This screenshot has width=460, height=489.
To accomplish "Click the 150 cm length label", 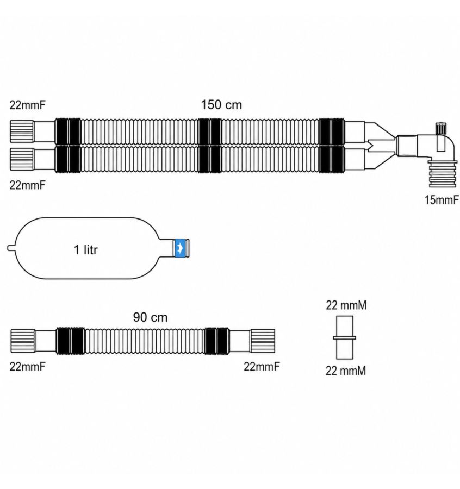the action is pyautogui.click(x=221, y=105).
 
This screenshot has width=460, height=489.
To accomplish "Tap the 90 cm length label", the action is pyautogui.click(x=150, y=317).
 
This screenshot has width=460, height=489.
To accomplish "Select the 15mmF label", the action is pyautogui.click(x=442, y=200).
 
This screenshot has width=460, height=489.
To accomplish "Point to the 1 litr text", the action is pyautogui.click(x=86, y=250).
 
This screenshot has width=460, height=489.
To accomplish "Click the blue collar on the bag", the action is pyautogui.click(x=181, y=248).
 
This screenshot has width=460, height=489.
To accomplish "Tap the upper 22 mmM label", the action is pyautogui.click(x=346, y=305).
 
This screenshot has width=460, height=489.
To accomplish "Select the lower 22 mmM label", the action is pyautogui.click(x=346, y=371).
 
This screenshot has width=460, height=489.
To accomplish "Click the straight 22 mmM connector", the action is pyautogui.click(x=345, y=337).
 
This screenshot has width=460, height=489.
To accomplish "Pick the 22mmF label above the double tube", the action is pyautogui.click(x=28, y=105).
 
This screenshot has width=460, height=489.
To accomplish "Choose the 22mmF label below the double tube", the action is pyautogui.click(x=28, y=185).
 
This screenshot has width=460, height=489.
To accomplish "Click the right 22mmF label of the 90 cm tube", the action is pyautogui.click(x=262, y=367).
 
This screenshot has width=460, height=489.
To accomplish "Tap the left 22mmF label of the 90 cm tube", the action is pyautogui.click(x=28, y=367).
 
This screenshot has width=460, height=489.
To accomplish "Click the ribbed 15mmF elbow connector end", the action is pyautogui.click(x=443, y=174).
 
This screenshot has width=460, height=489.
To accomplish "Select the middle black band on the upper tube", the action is pyautogui.click(x=210, y=131).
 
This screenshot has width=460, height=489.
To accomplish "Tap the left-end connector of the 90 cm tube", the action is pyautogui.click(x=33, y=341).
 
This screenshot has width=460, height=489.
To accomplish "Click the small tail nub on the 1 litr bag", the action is pyautogui.click(x=11, y=248).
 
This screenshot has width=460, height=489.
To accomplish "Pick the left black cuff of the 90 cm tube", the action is pyautogui.click(x=70, y=341).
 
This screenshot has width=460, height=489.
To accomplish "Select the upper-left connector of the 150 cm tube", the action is pyautogui.click(x=33, y=131).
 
